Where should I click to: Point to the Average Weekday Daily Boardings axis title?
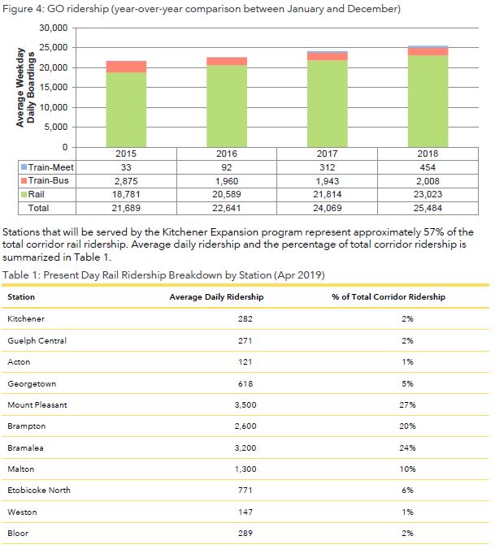27,88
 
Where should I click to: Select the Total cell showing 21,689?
126,208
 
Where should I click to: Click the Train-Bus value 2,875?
126,180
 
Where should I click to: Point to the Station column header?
21,297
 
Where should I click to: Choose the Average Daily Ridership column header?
216,297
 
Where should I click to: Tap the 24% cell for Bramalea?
407,447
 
